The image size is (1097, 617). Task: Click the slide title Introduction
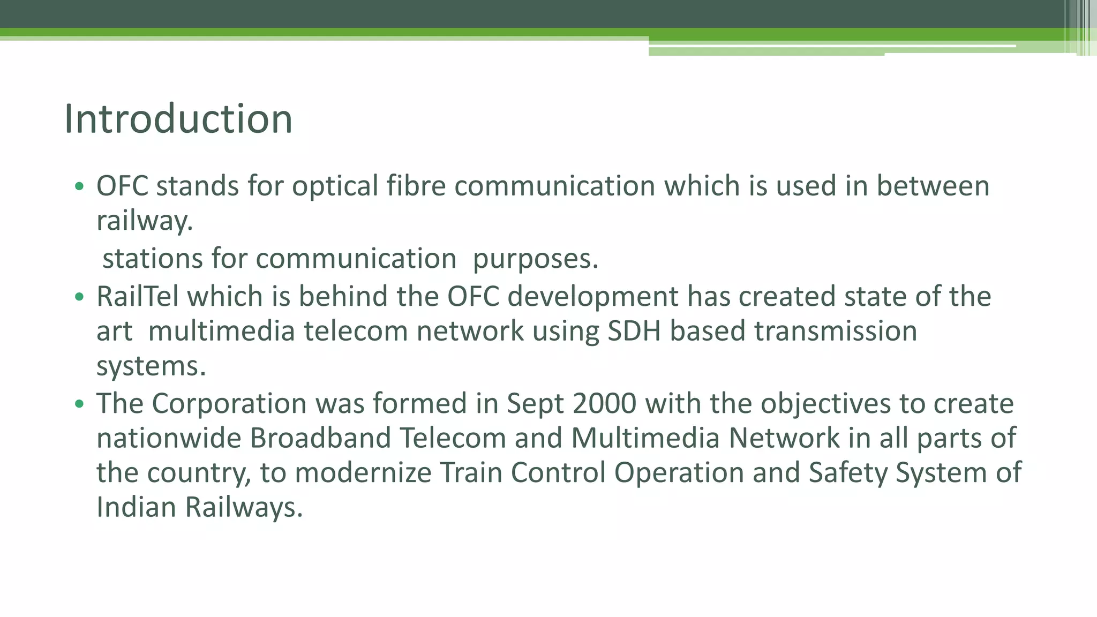point(178,119)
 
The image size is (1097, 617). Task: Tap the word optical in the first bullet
point(335,186)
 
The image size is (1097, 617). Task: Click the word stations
point(153,259)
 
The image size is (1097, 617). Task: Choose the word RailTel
point(137,296)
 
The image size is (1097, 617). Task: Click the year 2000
point(604,403)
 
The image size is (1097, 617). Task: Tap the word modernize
point(363,473)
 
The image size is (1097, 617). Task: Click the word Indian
point(136,507)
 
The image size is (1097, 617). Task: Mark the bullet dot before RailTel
point(79,297)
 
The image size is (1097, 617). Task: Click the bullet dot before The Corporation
point(79,404)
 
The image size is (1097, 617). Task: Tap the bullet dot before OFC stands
point(79,187)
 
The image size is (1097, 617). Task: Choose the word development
point(592,297)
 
